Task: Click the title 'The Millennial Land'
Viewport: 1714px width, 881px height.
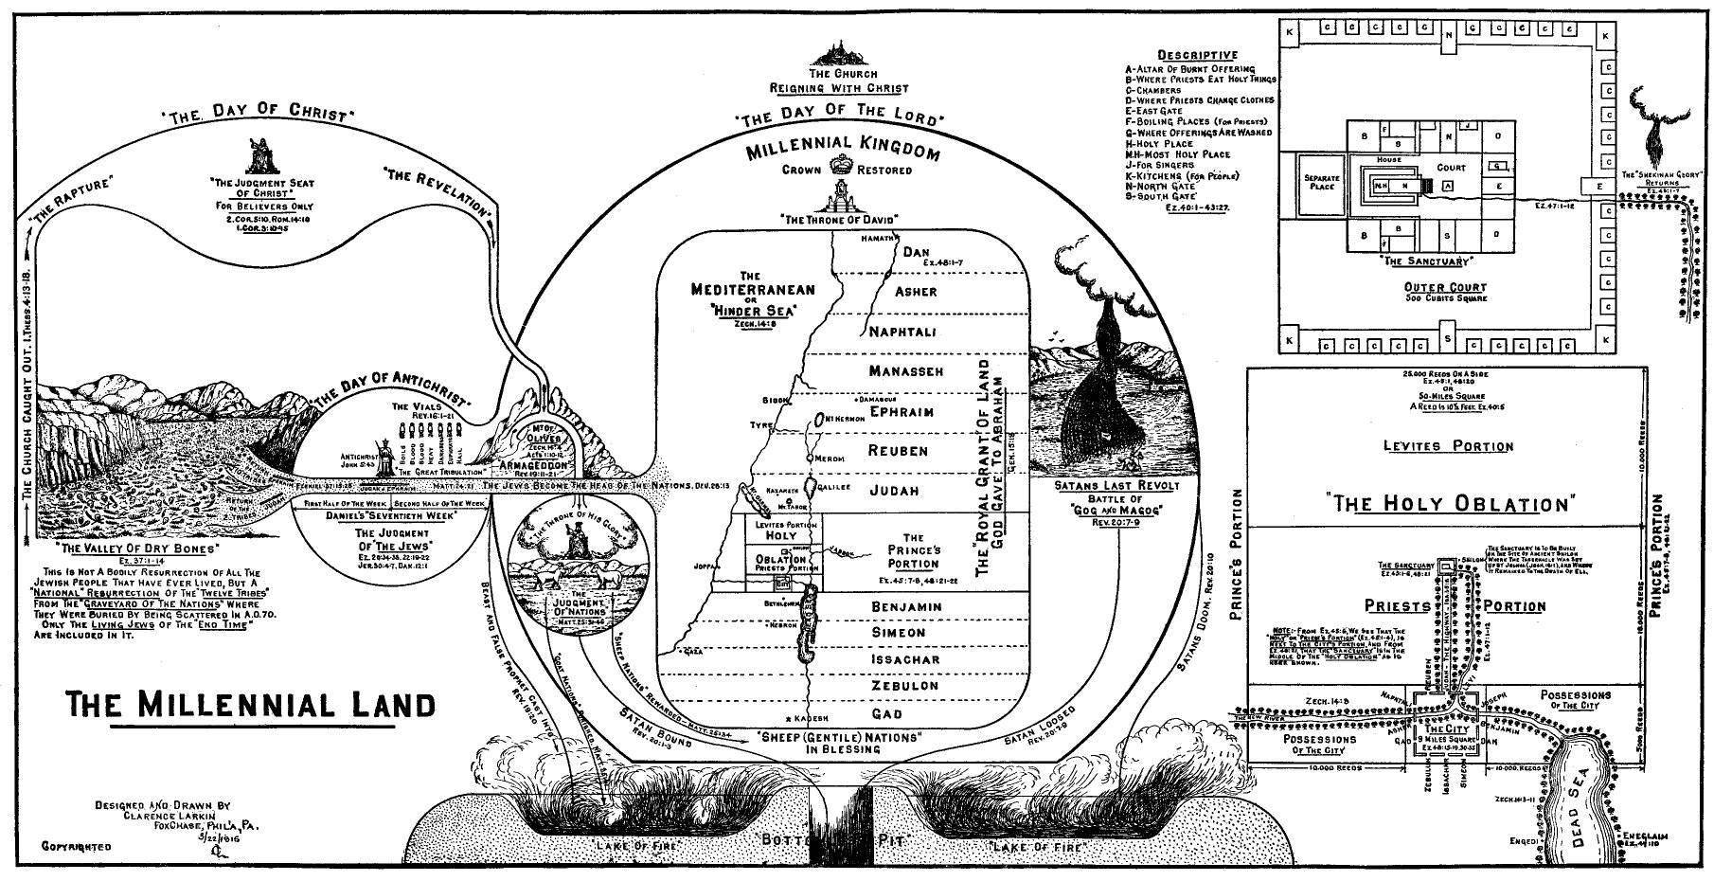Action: click(251, 704)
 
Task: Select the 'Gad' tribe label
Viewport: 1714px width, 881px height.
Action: click(886, 712)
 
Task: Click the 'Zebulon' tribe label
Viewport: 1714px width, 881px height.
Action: click(903, 685)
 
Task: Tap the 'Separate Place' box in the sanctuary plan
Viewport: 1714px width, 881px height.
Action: click(1322, 182)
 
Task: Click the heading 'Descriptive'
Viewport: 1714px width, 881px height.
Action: click(1197, 55)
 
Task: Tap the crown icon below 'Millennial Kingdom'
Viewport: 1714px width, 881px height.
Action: click(840, 168)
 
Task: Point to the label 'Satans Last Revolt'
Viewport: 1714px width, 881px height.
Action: click(1116, 486)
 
